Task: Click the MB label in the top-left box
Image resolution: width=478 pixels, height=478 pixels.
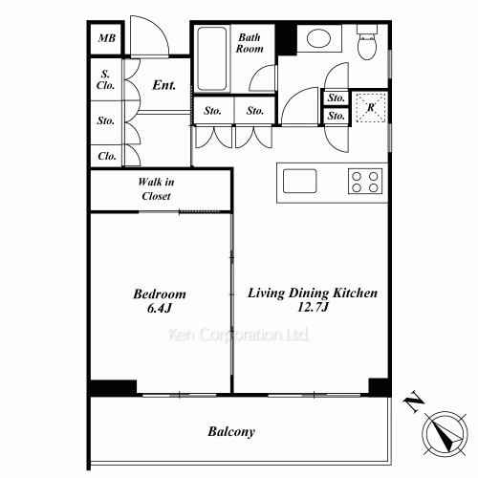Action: coord(107,38)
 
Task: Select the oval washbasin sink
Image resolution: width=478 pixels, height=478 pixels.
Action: coord(318,38)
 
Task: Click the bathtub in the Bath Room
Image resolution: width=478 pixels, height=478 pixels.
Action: coord(211,59)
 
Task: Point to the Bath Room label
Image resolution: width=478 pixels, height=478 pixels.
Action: coord(250,43)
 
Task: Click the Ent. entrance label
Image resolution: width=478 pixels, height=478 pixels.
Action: coord(163,85)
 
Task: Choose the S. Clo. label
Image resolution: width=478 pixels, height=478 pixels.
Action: coord(105,79)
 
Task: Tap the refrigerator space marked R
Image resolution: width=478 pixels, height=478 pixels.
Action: coord(371,107)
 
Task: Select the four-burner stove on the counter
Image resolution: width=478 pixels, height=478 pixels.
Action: coord(365,181)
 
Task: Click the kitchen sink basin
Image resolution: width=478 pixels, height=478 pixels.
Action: coord(300,181)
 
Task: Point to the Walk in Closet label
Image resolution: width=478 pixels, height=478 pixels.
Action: coord(156,189)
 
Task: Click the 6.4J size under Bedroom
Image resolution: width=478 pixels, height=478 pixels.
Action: coord(160,308)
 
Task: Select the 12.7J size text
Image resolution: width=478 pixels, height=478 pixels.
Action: coord(313,307)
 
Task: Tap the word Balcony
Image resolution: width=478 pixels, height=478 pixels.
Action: coord(231,432)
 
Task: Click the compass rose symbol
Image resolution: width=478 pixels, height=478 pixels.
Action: coord(445,434)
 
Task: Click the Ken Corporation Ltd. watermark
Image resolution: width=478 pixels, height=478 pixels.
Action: coord(239,335)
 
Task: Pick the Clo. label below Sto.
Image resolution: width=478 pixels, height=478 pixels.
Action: coord(107,156)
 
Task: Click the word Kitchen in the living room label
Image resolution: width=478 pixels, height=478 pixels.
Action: coord(355,293)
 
